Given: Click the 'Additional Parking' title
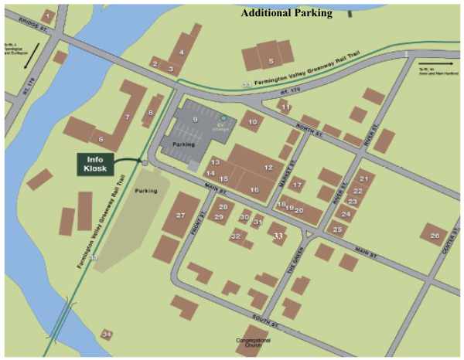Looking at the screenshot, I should (286, 13).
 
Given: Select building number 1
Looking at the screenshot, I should (49, 15).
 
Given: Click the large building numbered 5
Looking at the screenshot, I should (270, 59).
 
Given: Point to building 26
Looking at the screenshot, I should (433, 234).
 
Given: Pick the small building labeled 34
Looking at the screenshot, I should (107, 335).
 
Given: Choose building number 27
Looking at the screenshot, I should (181, 214).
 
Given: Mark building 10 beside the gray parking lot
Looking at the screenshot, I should (251, 121).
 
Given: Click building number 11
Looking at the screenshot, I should (285, 107).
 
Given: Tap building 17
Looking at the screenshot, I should (296, 185).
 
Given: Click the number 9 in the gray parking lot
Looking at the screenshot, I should (196, 121).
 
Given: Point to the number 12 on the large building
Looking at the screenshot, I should (268, 167).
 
